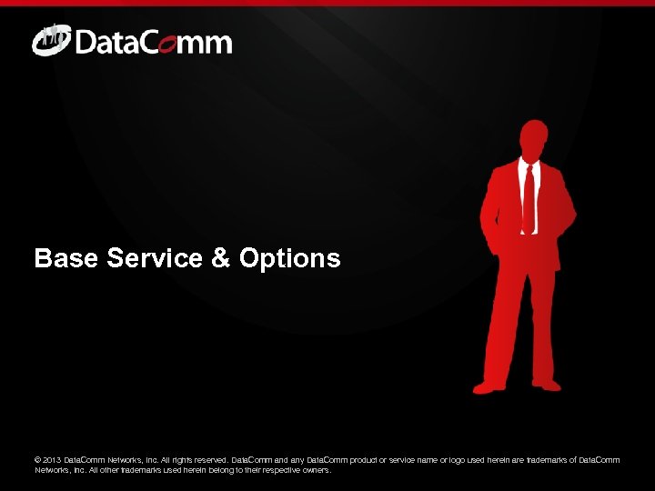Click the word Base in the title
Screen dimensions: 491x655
65,259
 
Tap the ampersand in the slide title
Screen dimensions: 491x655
221,259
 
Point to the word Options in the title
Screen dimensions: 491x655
290,259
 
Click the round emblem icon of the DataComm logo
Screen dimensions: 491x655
50,41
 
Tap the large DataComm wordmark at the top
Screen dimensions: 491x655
153,43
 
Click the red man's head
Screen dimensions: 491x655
533,140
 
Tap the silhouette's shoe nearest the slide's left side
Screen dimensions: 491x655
489,387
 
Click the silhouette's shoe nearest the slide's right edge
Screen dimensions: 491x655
548,385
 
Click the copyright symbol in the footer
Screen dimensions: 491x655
38,460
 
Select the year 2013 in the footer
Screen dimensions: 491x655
54,460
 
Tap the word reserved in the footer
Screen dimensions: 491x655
208,460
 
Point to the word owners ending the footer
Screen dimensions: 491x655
316,471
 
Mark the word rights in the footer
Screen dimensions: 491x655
175,460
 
